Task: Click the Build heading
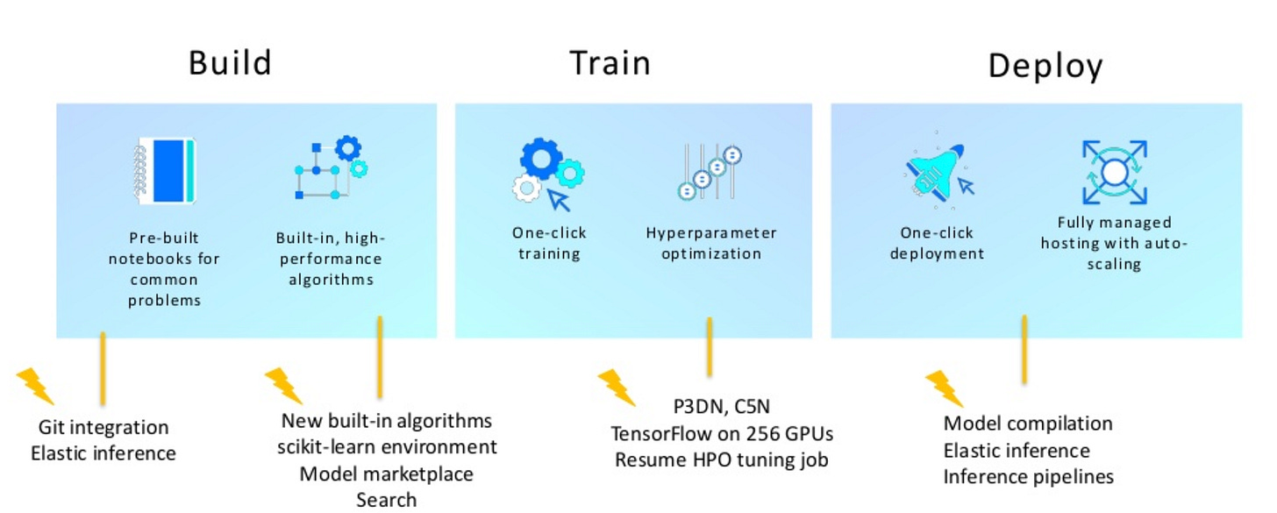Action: tap(230, 63)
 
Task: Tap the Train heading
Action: tap(610, 63)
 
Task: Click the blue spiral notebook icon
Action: tap(165, 170)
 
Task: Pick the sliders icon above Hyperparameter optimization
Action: tap(710, 172)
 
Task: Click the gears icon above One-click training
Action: tap(548, 174)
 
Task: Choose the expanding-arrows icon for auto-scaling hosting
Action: tap(1115, 172)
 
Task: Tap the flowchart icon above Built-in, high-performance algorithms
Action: tap(332, 167)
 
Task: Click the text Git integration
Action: tap(103, 427)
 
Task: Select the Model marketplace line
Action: tap(386, 474)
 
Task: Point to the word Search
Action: tap(386, 500)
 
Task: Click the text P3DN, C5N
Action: tap(721, 406)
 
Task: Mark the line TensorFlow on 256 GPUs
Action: tap(722, 434)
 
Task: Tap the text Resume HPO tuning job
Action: tap(721, 460)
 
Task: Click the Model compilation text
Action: tap(1028, 424)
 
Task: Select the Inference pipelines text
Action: tap(1029, 476)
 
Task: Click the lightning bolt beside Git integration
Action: tap(35, 386)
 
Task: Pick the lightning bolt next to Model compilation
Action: tap(944, 388)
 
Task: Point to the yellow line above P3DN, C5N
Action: tap(710, 347)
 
